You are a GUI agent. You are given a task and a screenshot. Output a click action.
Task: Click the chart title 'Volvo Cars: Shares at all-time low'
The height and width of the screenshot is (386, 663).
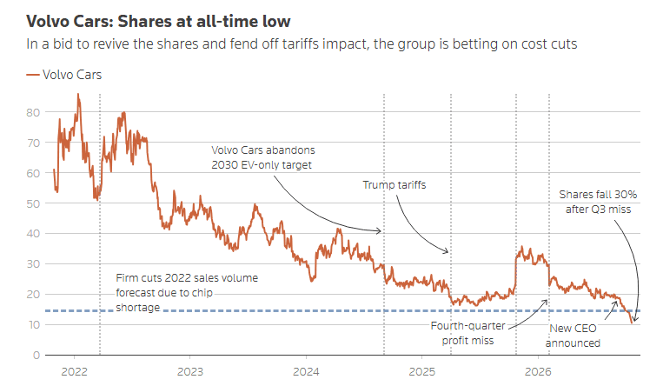point(158,21)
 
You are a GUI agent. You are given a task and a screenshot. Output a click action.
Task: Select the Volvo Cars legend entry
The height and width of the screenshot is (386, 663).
point(63,75)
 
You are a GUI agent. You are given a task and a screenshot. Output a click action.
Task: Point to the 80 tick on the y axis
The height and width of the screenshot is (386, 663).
point(33,113)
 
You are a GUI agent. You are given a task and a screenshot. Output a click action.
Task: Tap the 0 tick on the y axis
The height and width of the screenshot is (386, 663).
point(36,355)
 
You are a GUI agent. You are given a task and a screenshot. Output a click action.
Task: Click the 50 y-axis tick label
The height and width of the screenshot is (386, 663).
point(33,203)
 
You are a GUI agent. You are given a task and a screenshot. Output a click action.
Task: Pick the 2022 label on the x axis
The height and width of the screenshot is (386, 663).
point(75,371)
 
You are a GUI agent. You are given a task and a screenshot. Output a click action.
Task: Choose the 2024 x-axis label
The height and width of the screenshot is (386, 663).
point(306,371)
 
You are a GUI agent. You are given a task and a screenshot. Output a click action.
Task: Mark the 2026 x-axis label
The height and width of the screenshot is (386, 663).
point(538,371)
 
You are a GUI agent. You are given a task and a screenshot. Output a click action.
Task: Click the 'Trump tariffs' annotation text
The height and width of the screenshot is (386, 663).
point(394,185)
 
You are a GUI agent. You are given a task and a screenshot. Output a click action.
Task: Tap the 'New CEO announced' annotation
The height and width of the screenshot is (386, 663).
point(573,336)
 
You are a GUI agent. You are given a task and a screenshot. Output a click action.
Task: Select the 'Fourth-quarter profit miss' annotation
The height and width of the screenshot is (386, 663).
point(468,333)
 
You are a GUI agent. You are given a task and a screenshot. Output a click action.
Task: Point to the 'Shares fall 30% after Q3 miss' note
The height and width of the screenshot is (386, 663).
point(598,202)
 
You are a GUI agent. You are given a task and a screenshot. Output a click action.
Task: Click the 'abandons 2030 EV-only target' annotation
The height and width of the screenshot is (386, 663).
point(263,157)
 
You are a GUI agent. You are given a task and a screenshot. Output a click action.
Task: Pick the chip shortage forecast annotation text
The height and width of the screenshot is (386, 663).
point(187,292)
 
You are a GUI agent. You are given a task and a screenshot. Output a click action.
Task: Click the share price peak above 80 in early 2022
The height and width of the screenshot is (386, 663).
point(78,95)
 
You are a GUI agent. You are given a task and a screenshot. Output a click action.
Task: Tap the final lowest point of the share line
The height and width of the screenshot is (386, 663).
point(632,323)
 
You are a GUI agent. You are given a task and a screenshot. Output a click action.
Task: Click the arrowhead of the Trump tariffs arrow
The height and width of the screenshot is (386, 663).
point(446,251)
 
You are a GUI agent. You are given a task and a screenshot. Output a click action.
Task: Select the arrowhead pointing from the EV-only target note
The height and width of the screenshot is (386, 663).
point(379,231)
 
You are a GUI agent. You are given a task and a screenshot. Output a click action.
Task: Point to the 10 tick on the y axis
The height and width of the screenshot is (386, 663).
point(33,324)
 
